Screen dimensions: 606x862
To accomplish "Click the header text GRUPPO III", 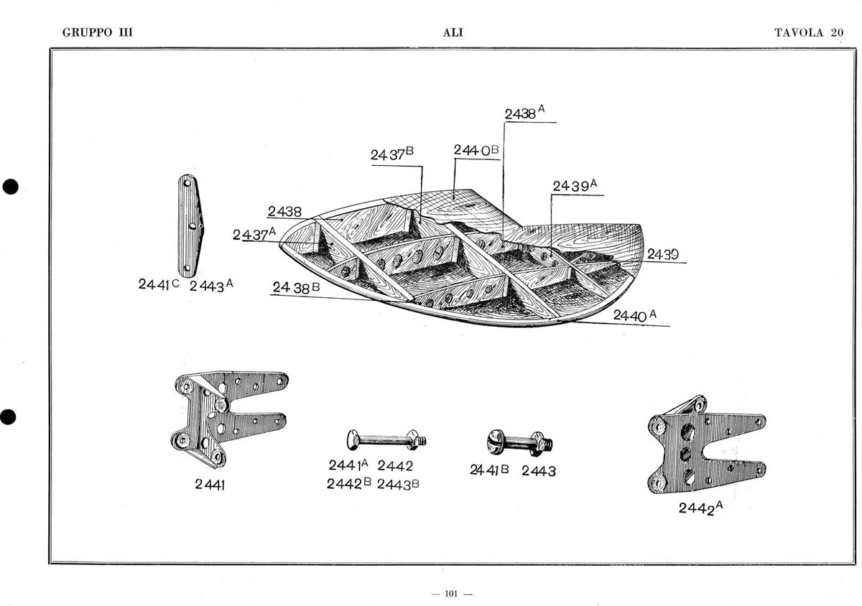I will (x=98, y=32).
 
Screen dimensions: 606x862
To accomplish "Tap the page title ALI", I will (x=453, y=32).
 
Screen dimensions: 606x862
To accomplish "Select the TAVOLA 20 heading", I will (x=808, y=32).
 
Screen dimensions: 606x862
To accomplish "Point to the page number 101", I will (x=452, y=593).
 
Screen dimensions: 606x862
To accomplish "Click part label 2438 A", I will (x=525, y=113).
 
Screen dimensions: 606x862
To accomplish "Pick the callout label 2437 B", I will (x=392, y=154).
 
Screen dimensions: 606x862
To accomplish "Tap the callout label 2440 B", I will (x=476, y=150).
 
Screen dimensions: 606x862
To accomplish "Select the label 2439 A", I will (x=575, y=186).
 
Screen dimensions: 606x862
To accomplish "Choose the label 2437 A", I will (x=254, y=234).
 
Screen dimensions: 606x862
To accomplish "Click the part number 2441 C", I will (x=159, y=284).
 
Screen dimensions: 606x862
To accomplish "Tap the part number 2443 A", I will (x=211, y=284).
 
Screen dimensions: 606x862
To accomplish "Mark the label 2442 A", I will (x=700, y=508).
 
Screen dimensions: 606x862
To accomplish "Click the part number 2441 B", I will (x=490, y=470).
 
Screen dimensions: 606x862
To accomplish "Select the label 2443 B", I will (x=398, y=484).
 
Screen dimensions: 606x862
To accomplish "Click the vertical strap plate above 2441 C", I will (x=190, y=225).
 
